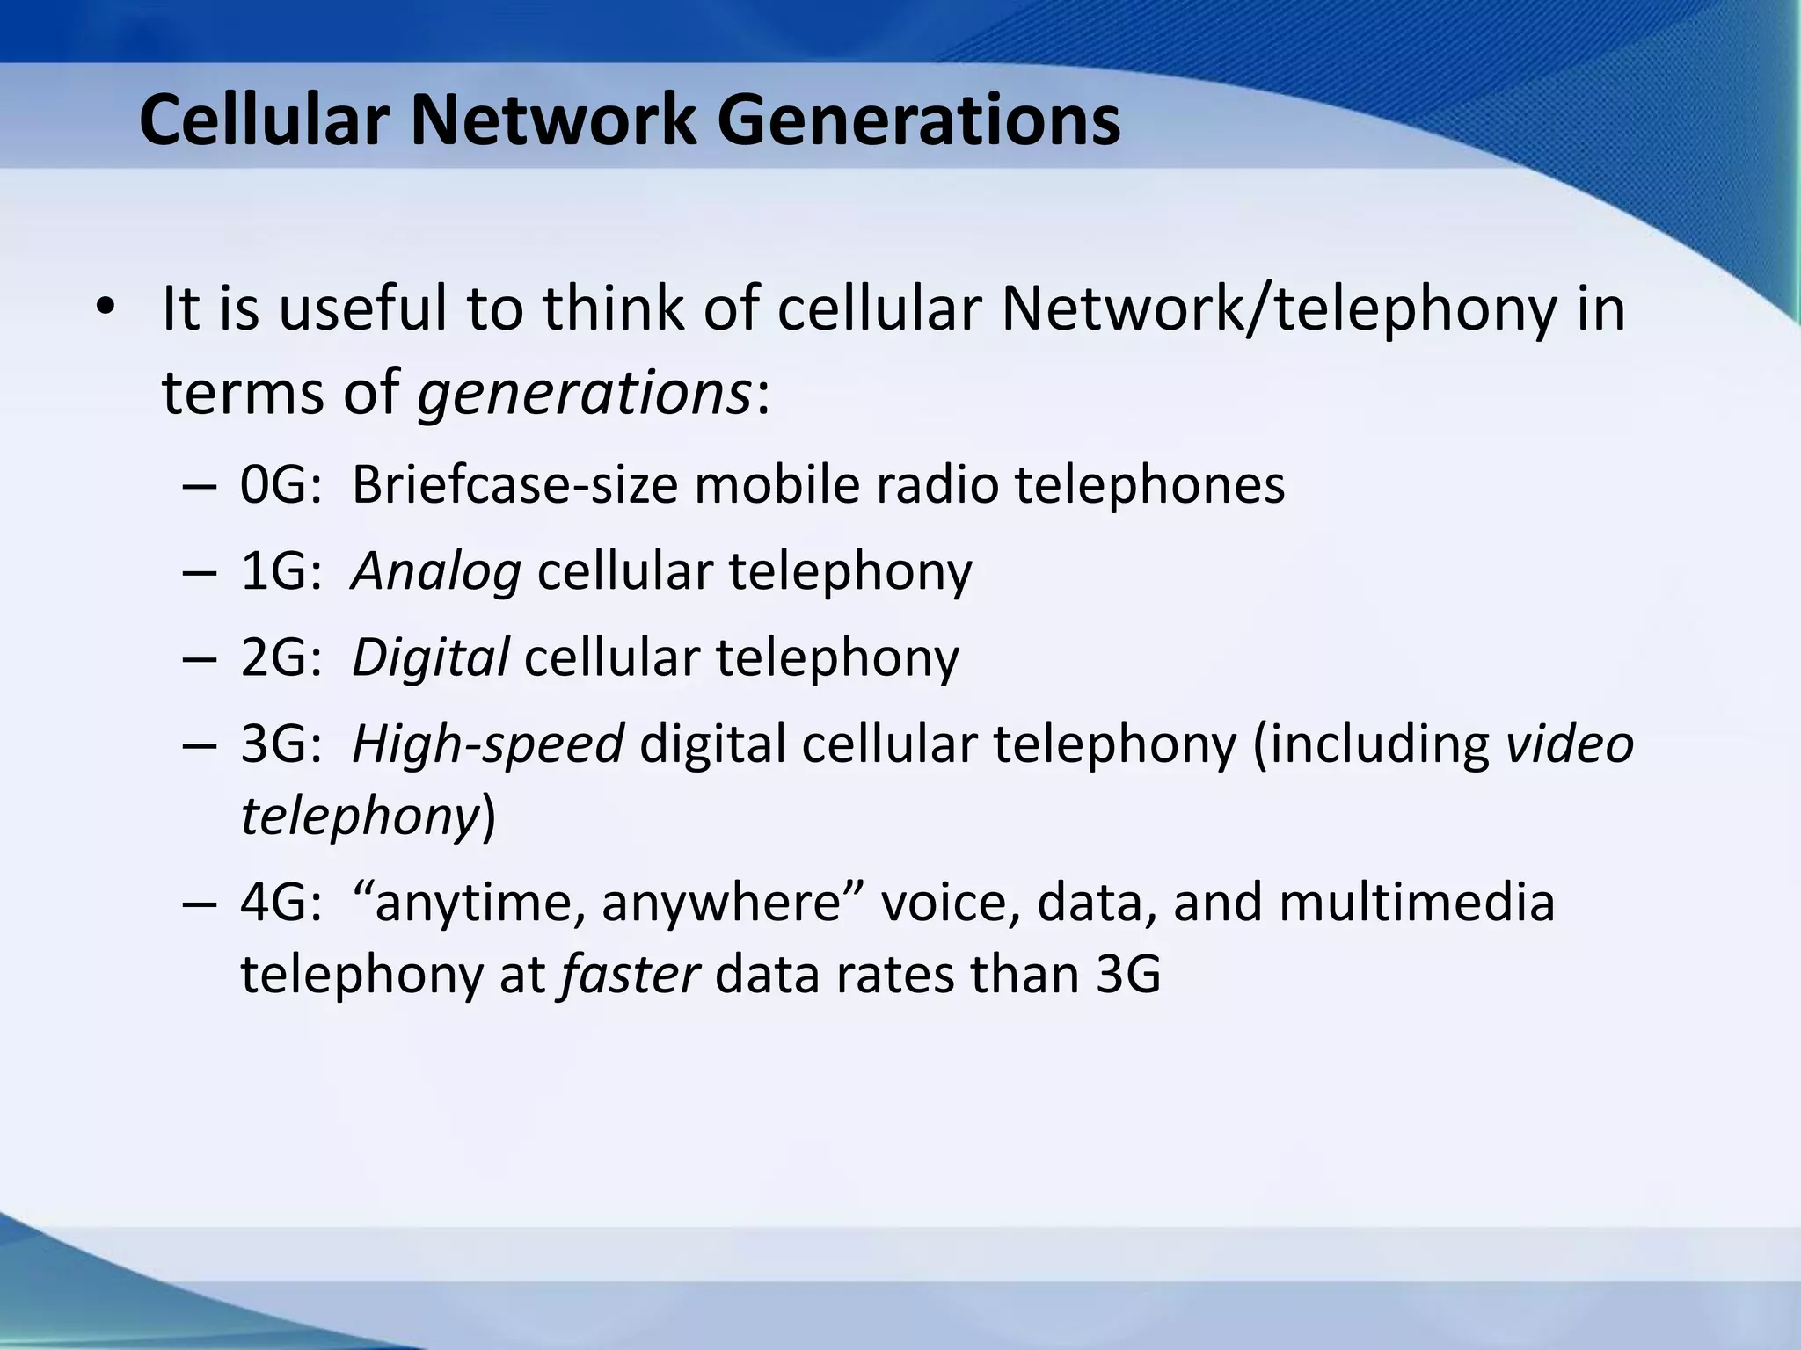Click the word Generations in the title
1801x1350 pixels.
tap(919, 121)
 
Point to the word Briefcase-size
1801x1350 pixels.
tap(514, 484)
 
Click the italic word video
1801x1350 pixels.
tap(1570, 744)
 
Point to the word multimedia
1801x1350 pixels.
tap(1417, 903)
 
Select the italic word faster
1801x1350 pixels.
tap(630, 974)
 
